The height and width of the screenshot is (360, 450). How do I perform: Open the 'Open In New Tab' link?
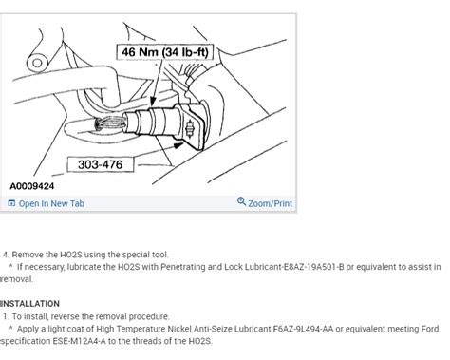(x=51, y=203)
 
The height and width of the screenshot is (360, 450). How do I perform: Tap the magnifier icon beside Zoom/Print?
(x=241, y=203)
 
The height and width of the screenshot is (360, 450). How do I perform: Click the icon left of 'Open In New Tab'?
(x=11, y=203)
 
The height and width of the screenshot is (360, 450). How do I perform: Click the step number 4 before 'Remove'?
(x=6, y=256)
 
